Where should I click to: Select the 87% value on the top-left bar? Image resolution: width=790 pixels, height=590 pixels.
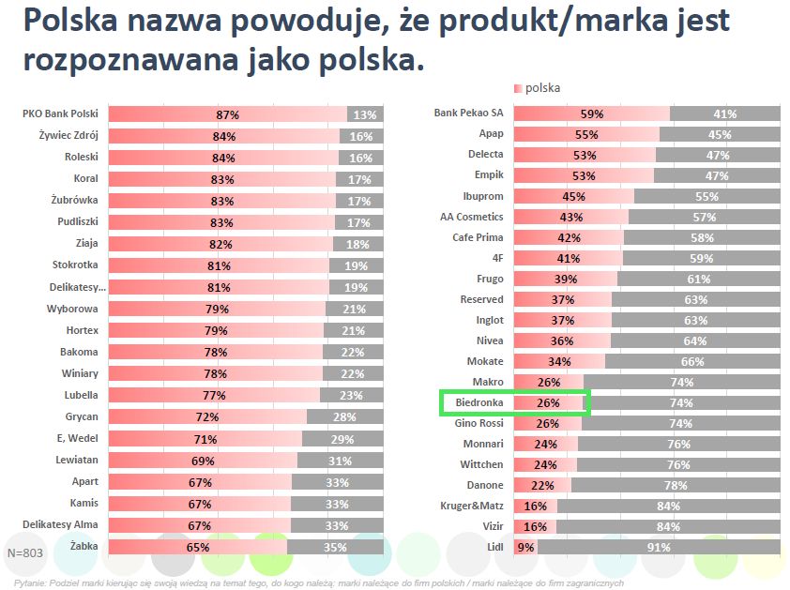pyautogui.click(x=228, y=114)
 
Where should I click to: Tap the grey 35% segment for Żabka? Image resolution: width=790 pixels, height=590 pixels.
pyautogui.click(x=335, y=546)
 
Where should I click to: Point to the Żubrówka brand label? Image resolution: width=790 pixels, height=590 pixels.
pyautogui.click(x=73, y=200)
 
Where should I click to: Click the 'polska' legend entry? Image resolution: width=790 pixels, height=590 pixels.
pyautogui.click(x=542, y=88)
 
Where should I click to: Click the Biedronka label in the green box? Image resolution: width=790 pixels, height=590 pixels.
pyautogui.click(x=479, y=402)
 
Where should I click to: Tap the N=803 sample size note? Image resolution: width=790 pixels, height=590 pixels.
pyautogui.click(x=25, y=553)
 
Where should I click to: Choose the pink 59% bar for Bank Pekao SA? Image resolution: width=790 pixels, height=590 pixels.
pyautogui.click(x=591, y=113)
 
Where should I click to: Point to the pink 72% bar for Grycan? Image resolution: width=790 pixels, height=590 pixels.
pyautogui.click(x=207, y=416)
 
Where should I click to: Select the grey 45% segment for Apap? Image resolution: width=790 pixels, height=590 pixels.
pyautogui.click(x=720, y=134)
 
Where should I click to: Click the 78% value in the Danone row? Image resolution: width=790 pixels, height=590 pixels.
pyautogui.click(x=676, y=485)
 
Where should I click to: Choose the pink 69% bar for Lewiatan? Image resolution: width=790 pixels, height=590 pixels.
pyautogui.click(x=203, y=460)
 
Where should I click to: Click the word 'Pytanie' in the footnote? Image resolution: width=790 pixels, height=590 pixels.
pyautogui.click(x=28, y=582)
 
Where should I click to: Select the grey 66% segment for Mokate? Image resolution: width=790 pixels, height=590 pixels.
pyautogui.click(x=692, y=361)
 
